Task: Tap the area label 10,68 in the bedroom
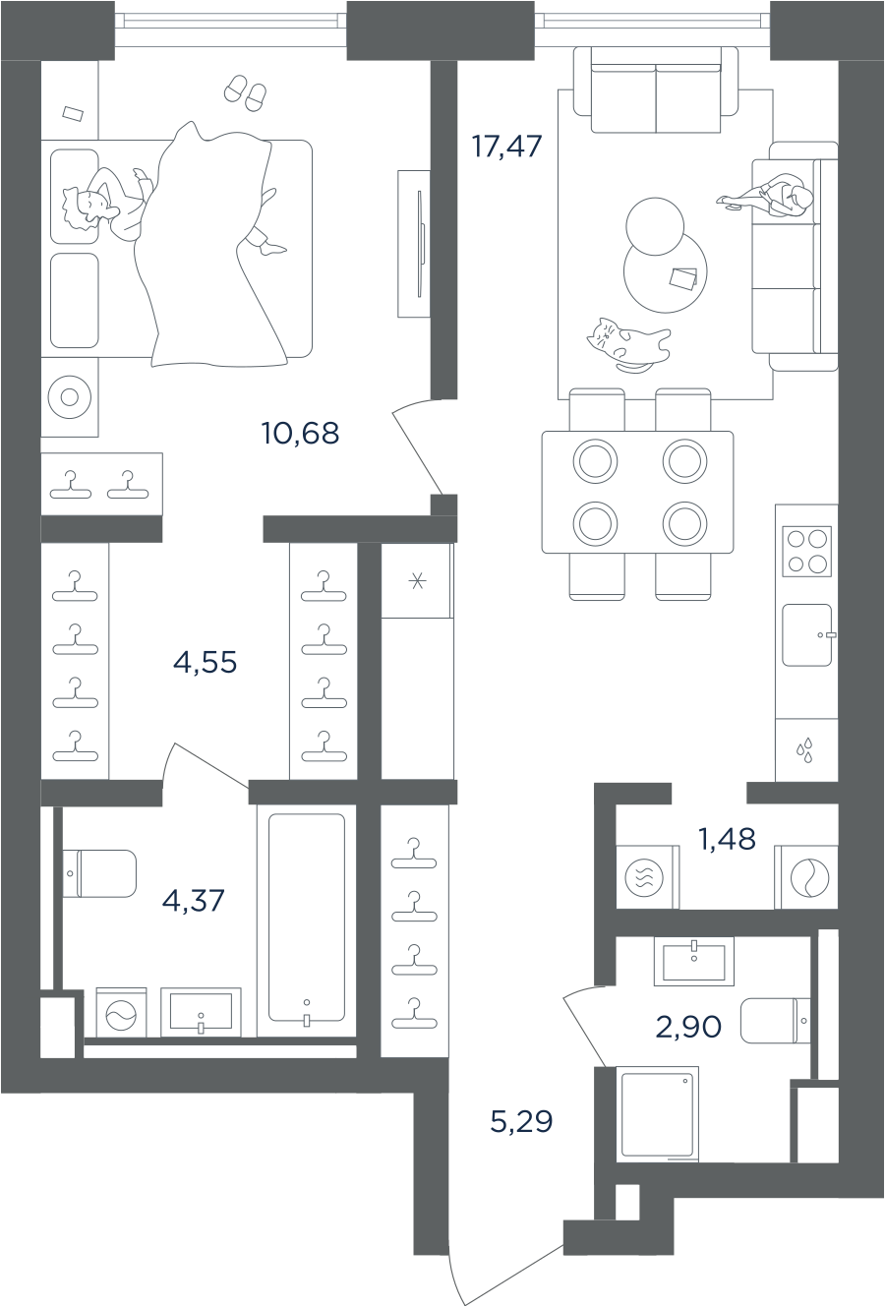click(x=300, y=433)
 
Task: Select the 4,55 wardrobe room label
click(x=205, y=663)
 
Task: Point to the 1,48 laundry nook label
click(x=727, y=839)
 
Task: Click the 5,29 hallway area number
click(x=521, y=1121)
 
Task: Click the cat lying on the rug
click(x=627, y=344)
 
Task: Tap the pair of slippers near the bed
click(x=245, y=92)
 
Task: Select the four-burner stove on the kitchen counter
click(x=806, y=552)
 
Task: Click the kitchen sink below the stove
click(x=806, y=635)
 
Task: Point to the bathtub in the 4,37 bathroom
click(x=307, y=917)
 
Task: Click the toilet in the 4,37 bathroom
click(x=100, y=873)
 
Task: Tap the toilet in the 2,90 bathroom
click(x=775, y=1021)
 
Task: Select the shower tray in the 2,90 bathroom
click(x=658, y=1113)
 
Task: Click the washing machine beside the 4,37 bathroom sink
click(x=121, y=1013)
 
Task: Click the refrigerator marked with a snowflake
click(x=417, y=581)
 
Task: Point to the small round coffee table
click(x=655, y=226)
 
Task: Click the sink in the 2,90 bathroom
click(x=693, y=960)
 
